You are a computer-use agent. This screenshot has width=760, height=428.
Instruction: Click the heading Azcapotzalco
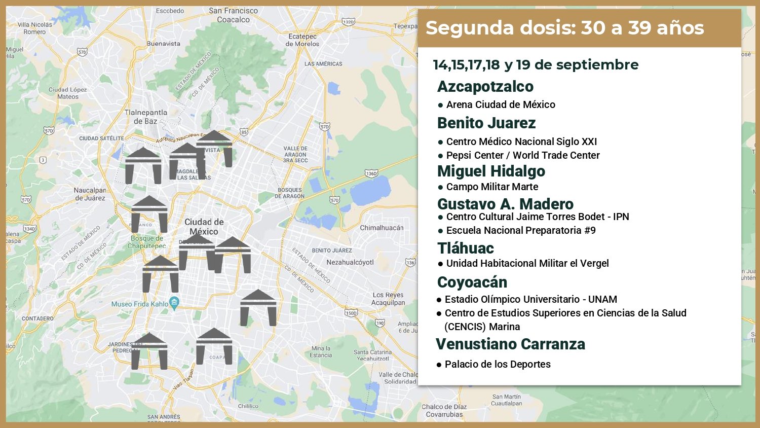click(x=485, y=87)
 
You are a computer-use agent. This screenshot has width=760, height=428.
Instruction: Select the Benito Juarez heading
click(x=486, y=123)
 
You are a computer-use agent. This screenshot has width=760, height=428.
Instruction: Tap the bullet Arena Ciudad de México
click(x=500, y=105)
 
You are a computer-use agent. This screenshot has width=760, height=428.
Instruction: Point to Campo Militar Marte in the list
click(x=491, y=187)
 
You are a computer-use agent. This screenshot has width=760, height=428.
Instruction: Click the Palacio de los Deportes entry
click(x=497, y=365)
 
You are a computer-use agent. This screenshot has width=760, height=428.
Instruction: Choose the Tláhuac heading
click(x=465, y=248)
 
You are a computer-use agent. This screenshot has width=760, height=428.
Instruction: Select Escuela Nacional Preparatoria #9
click(x=520, y=231)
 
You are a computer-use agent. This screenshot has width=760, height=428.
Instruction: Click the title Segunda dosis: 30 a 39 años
click(x=564, y=28)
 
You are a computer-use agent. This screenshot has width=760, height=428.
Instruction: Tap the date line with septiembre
click(x=536, y=65)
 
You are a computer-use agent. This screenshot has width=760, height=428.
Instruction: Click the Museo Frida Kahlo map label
click(x=140, y=304)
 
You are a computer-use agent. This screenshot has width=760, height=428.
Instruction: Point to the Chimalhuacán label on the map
click(x=382, y=228)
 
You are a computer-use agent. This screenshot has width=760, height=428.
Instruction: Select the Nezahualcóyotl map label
click(x=350, y=263)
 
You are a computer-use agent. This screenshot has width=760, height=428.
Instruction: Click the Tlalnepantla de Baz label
click(x=145, y=117)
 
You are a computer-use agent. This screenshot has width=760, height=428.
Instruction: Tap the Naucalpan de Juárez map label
click(x=90, y=194)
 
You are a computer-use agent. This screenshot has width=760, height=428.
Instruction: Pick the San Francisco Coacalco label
click(x=233, y=15)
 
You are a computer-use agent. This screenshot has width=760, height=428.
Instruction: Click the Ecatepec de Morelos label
click(x=302, y=40)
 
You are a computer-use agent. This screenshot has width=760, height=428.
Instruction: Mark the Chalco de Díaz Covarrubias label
click(x=444, y=411)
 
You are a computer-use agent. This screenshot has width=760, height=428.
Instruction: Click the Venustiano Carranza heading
click(x=510, y=344)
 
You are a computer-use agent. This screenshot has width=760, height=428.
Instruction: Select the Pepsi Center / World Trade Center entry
click(x=522, y=156)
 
